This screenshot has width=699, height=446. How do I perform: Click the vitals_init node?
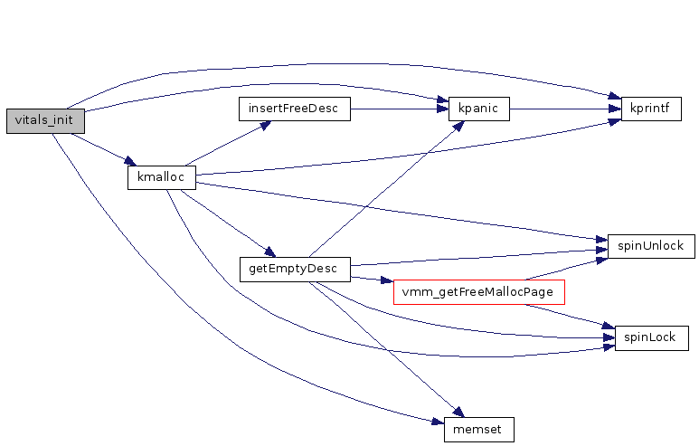44,121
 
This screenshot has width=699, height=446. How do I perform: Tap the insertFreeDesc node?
293,109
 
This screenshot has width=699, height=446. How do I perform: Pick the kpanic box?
478,109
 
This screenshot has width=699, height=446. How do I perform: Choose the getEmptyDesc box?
293,269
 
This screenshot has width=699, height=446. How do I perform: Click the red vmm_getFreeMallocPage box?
479,292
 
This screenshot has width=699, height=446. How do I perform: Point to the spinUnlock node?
650,245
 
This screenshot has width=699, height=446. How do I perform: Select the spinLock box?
651,338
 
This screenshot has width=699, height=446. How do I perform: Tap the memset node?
478,430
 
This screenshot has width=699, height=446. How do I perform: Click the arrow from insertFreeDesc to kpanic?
398,109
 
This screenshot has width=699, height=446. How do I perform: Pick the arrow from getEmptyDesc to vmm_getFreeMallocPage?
372,280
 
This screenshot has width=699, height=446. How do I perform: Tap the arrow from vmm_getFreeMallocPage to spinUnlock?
565,269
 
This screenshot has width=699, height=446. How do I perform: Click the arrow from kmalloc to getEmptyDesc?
226,223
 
